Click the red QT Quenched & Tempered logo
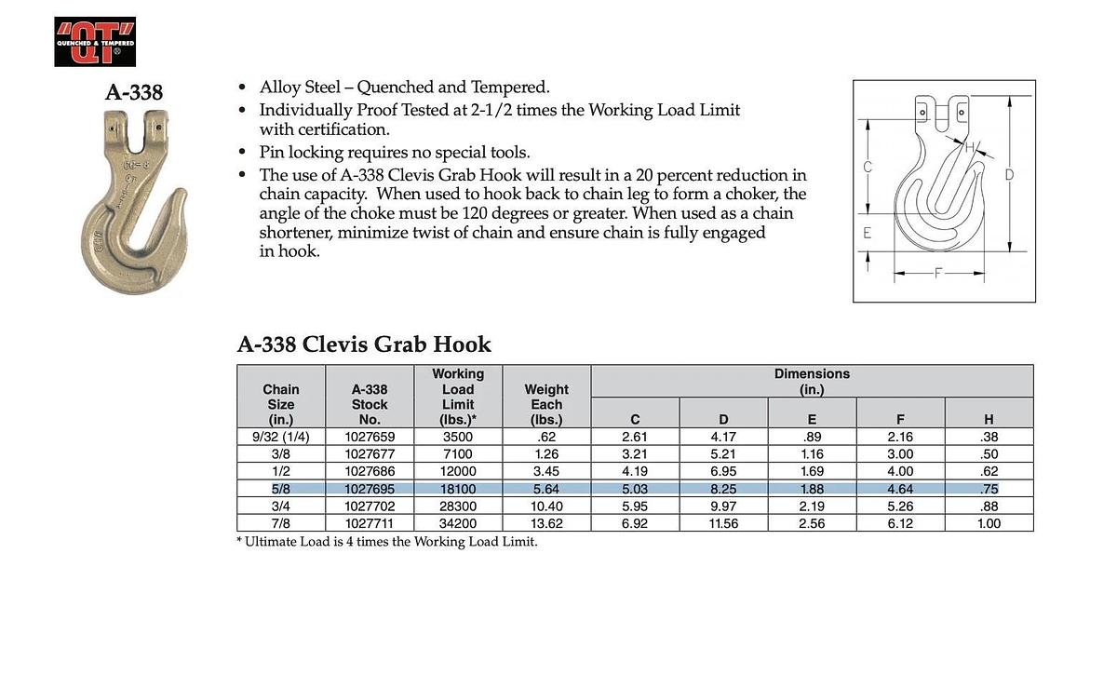click(x=95, y=42)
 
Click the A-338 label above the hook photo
click(x=134, y=92)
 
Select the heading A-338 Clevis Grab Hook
click(x=364, y=344)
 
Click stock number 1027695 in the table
click(x=370, y=489)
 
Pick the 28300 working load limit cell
click(x=458, y=506)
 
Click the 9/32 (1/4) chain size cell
click(x=281, y=437)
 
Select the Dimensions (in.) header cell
click(x=812, y=381)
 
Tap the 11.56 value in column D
click(x=723, y=524)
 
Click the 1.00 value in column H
click(x=989, y=524)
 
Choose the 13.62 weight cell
click(x=546, y=524)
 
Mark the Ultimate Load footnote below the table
click(x=387, y=542)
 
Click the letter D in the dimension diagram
click(x=1009, y=174)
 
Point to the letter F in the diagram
click(x=939, y=274)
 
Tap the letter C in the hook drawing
click(x=868, y=168)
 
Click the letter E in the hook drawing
click(x=868, y=234)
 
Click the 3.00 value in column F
click(x=900, y=454)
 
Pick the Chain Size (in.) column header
click(x=281, y=404)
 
